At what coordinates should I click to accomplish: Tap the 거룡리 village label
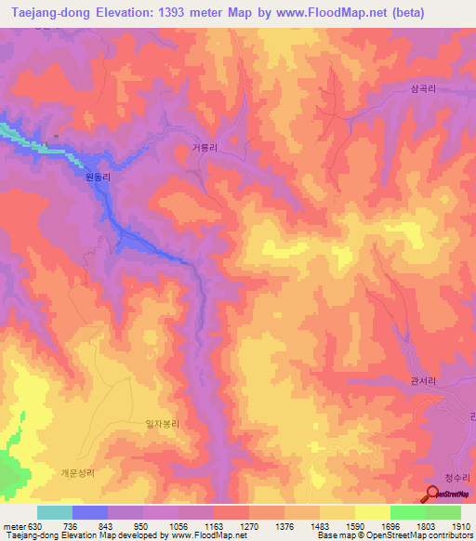[205, 147]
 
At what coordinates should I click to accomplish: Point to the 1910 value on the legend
[461, 526]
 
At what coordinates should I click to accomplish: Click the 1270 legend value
[249, 526]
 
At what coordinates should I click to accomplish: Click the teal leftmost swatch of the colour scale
[55, 512]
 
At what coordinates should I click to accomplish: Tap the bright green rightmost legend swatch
[443, 512]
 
